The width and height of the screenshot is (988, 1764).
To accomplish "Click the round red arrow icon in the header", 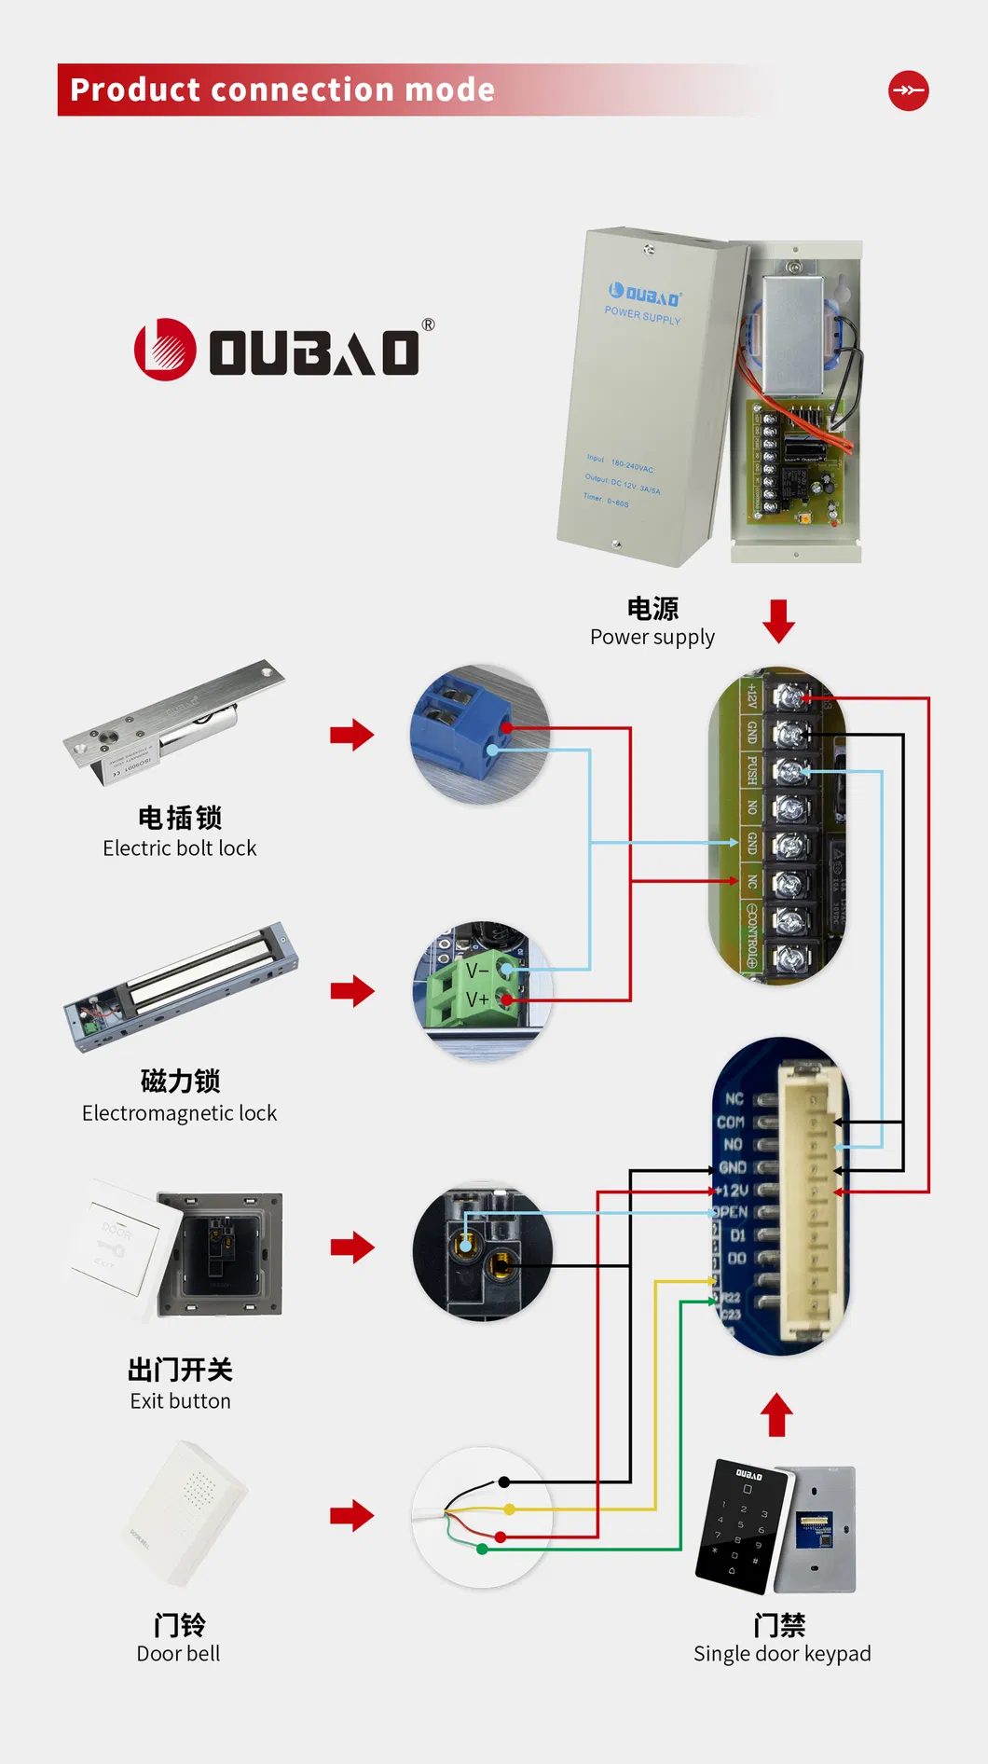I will click(908, 90).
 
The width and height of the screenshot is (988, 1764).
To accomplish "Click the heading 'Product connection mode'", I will click(282, 90).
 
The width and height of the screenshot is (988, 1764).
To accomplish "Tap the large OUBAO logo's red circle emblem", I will click(165, 351).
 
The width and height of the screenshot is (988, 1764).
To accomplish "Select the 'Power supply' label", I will click(652, 637).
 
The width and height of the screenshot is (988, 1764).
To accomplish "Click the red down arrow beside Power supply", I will click(778, 621).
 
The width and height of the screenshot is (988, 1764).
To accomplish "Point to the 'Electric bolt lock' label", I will click(180, 848).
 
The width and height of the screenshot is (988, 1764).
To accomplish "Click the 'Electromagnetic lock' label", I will click(179, 1112).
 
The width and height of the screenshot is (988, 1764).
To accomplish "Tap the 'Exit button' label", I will click(180, 1400).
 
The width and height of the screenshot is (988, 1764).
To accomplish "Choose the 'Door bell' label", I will click(178, 1653).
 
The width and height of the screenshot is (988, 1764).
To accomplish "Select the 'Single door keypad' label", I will click(782, 1653).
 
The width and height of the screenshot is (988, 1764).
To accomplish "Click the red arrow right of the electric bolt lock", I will click(351, 735).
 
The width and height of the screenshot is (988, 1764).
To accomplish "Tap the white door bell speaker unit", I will click(186, 1511).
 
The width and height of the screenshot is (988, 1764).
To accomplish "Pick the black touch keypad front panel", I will click(741, 1524).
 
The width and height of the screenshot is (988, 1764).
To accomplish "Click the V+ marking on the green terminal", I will click(477, 999).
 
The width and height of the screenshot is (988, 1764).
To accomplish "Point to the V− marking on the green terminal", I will click(477, 972).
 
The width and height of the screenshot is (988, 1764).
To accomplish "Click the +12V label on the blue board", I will click(733, 1191).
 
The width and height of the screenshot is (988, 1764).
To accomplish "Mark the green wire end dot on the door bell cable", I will click(482, 1549).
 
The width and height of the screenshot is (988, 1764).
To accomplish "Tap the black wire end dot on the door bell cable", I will click(503, 1481).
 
